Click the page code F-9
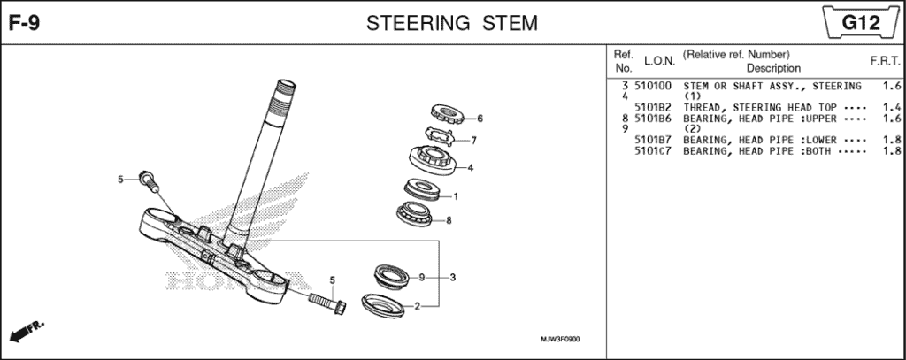click(x=22, y=22)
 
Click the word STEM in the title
click(x=509, y=22)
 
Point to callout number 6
click(x=480, y=118)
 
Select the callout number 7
click(x=474, y=140)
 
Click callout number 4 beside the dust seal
click(x=470, y=167)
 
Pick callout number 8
click(x=449, y=220)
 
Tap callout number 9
click(x=422, y=278)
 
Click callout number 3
click(x=452, y=278)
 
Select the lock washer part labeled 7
click(x=439, y=134)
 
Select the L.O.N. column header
click(x=659, y=61)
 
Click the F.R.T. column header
click(x=885, y=61)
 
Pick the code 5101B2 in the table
click(x=653, y=107)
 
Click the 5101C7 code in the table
click(x=653, y=150)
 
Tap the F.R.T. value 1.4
click(x=891, y=107)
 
